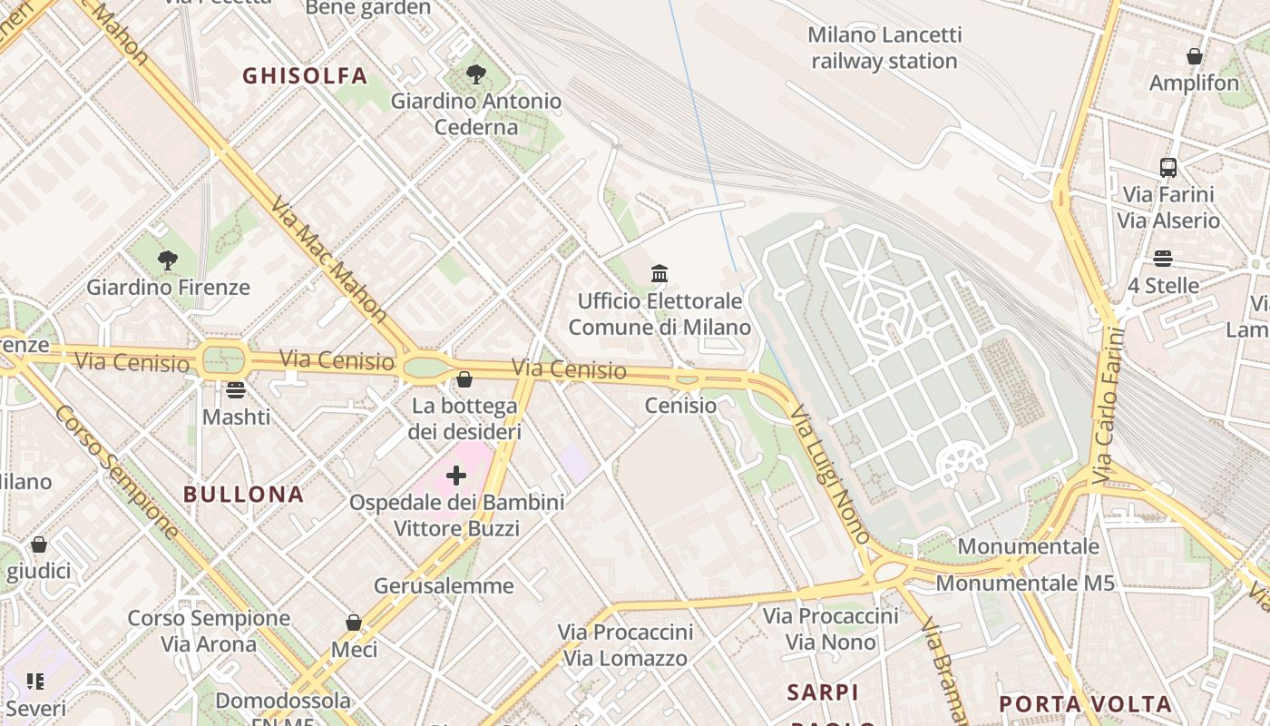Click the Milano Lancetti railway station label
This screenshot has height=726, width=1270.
(884, 48)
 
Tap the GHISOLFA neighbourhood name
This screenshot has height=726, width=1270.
(305, 76)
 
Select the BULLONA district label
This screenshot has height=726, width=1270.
(243, 495)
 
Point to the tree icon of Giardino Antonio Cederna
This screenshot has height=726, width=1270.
(475, 74)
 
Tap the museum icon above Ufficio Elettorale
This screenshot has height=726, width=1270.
(659, 273)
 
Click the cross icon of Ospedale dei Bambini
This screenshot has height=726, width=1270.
(456, 475)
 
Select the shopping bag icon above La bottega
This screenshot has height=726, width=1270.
(464, 378)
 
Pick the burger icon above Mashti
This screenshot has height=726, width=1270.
(236, 390)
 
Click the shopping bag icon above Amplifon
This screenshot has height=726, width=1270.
(1194, 56)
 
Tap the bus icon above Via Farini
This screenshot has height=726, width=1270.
(1168, 167)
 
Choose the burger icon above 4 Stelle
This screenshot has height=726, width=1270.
(1163, 259)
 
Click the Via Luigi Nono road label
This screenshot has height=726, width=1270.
(829, 473)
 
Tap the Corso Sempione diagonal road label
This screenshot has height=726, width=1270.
(115, 471)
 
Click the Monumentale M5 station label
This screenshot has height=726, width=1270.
(1024, 583)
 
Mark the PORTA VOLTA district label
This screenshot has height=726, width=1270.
(1085, 704)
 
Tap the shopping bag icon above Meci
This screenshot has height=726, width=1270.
(354, 623)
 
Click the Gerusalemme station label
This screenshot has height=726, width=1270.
(444, 585)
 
